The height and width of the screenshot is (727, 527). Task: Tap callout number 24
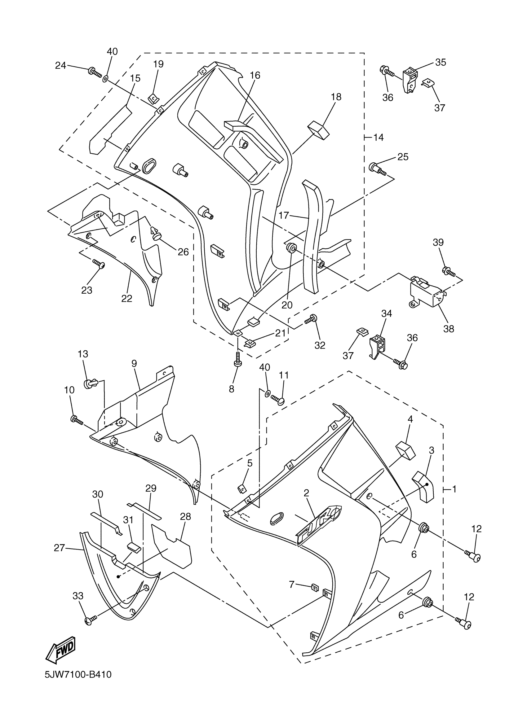(x=60, y=65)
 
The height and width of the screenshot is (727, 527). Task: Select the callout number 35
(x=441, y=62)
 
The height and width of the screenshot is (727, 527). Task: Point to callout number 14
(x=378, y=137)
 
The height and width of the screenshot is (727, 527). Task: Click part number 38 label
(x=449, y=329)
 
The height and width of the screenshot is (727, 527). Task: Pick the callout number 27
(x=59, y=548)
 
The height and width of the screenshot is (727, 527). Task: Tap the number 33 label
(x=78, y=596)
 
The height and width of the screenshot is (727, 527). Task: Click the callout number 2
(x=306, y=493)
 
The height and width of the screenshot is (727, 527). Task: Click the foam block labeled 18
(x=319, y=130)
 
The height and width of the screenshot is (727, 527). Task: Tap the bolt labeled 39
(x=449, y=272)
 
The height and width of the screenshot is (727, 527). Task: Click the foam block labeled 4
(x=405, y=450)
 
